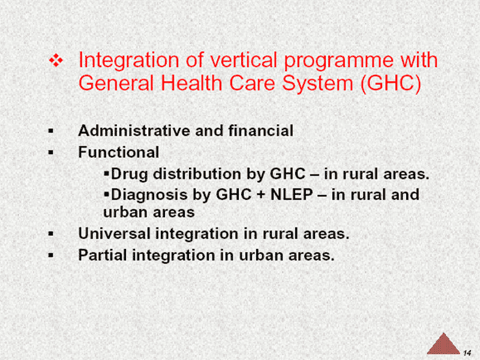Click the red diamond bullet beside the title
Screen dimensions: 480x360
pyautogui.click(x=56, y=60)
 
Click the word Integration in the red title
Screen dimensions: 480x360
pyautogui.click(x=128, y=61)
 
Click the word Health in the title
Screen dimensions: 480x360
pyautogui.click(x=191, y=83)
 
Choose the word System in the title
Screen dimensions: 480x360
pyautogui.click(x=317, y=84)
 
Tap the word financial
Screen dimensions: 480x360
pyautogui.click(x=261, y=131)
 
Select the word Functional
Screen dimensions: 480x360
pyautogui.click(x=119, y=152)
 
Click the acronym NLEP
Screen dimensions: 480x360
pyautogui.click(x=292, y=194)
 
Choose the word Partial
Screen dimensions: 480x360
pyautogui.click(x=103, y=254)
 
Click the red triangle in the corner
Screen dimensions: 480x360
pyautogui.click(x=443, y=344)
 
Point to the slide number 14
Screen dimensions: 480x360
pyautogui.click(x=467, y=353)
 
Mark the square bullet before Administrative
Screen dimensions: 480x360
pyautogui.click(x=51, y=131)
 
